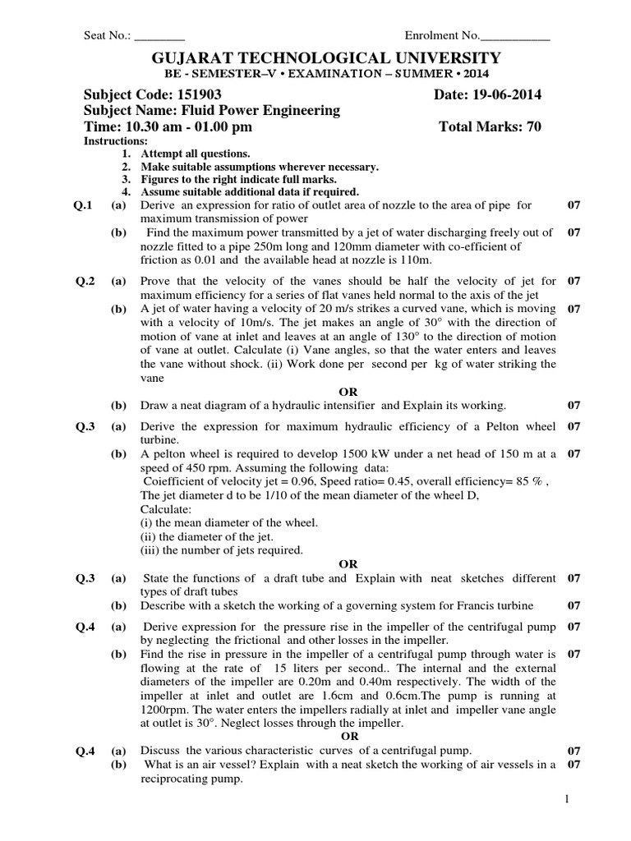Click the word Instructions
point(116,141)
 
